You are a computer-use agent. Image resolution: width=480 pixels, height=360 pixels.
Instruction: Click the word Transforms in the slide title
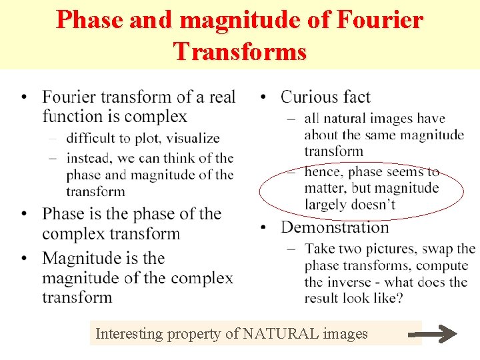pos(240,51)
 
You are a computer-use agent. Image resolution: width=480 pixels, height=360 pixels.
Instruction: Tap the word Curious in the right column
pos(310,97)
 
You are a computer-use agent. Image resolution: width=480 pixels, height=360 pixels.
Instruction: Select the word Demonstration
pos(335,227)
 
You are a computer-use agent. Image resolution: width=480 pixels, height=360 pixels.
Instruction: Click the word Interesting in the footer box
pos(130,333)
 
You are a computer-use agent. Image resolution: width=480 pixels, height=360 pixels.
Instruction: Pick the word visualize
pos(193,139)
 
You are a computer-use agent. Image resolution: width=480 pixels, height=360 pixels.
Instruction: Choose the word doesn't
pos(377,205)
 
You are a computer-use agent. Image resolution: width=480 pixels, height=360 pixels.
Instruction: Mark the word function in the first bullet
pos(73,117)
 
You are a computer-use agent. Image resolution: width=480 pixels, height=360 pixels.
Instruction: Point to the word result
pos(323,298)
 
